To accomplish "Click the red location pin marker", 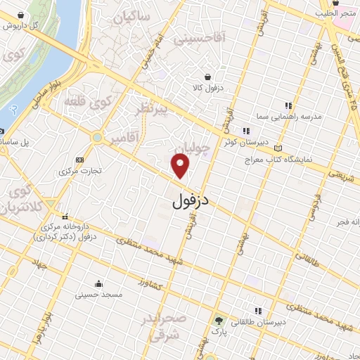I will click(181, 166).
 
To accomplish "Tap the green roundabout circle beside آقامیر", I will click(98, 137).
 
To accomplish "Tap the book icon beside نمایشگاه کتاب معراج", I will click(280, 148).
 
